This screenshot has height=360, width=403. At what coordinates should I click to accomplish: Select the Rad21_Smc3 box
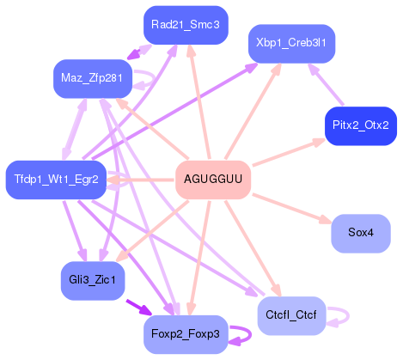(x=185, y=25)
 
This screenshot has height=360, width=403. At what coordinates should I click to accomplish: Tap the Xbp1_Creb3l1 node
(x=291, y=42)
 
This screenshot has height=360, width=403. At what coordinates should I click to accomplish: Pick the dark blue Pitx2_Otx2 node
(x=360, y=125)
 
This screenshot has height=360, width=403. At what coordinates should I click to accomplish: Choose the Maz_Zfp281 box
(x=92, y=78)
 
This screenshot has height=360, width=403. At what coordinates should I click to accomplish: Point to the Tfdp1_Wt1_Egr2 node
(x=56, y=180)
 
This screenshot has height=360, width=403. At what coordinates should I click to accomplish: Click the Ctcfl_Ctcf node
(x=293, y=315)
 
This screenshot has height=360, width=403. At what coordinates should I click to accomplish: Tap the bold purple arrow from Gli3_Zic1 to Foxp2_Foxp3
(x=139, y=308)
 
